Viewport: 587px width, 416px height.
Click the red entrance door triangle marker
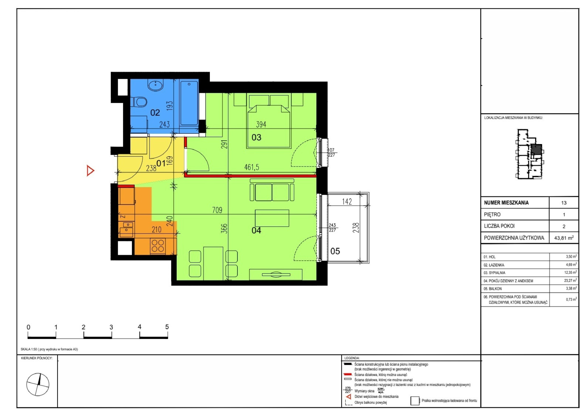coord(90,171)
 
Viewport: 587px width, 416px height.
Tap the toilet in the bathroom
coord(139,102)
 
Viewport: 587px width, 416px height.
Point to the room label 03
coord(256,137)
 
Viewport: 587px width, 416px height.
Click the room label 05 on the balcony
coord(335,251)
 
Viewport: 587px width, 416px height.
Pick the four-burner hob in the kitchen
coord(158,246)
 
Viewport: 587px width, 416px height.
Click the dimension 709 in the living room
coord(217,210)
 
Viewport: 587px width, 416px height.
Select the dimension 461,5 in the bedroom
coord(252,167)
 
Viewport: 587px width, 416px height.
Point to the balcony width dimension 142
coord(347,201)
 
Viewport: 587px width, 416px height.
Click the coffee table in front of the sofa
coord(272,218)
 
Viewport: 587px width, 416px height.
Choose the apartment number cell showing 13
coord(564,203)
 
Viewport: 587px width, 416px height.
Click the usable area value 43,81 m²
coord(564,238)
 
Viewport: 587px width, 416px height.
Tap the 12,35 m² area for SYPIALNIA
coord(570,273)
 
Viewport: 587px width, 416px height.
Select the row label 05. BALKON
coord(493,289)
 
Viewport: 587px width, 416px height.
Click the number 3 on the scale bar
coord(111,327)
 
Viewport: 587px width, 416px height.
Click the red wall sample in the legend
coord(348,374)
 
